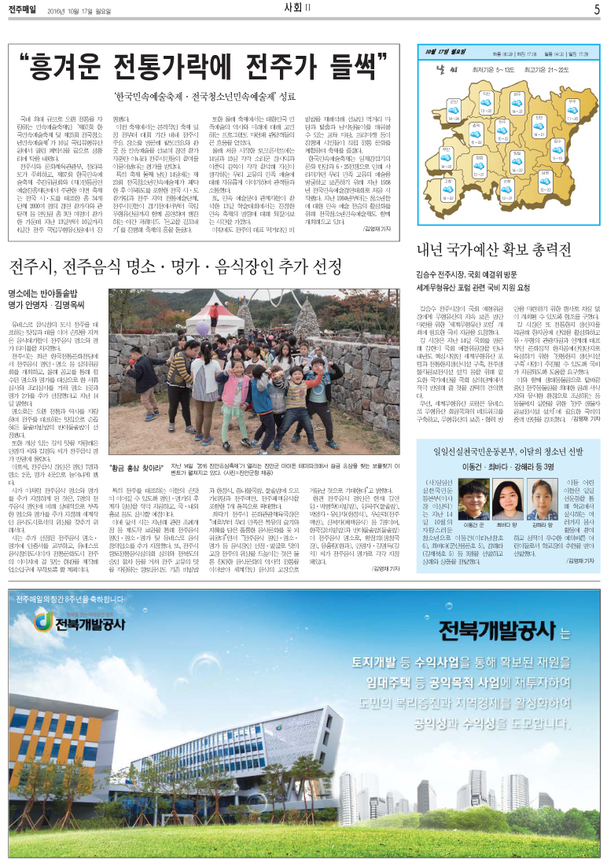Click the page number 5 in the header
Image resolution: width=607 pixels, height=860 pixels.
point(596,9)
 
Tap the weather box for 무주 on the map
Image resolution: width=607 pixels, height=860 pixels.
point(572,105)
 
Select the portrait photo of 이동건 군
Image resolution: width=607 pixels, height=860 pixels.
point(472,498)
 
